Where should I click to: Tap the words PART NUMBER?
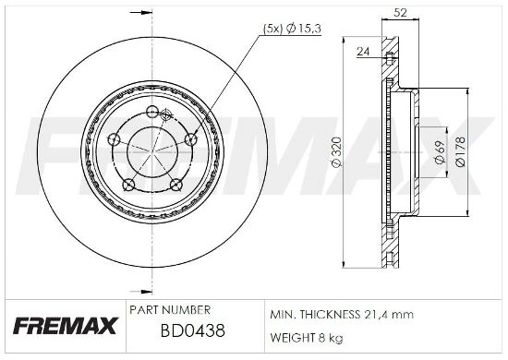[x=172, y=309]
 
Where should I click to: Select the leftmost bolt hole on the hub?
[x=113, y=139]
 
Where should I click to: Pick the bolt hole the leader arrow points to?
[x=190, y=138]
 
